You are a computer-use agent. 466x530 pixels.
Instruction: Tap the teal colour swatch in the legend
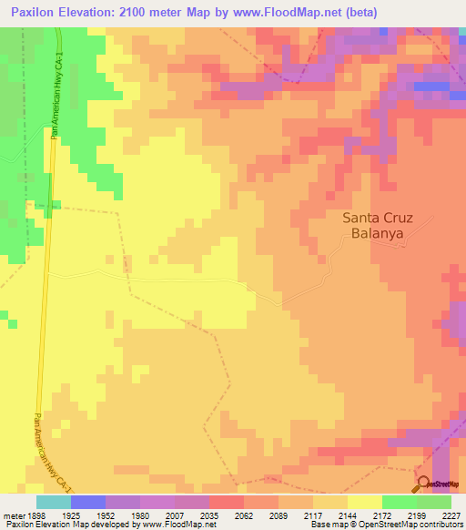click(54, 501)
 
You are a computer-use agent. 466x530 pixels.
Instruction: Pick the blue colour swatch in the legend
click(88, 501)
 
